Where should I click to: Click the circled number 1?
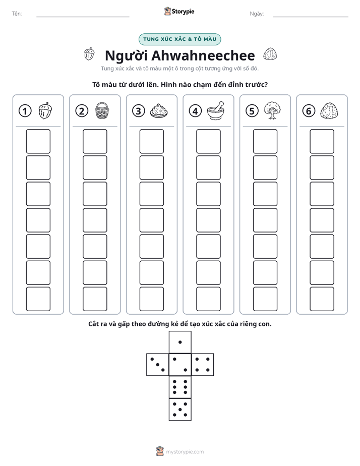25,111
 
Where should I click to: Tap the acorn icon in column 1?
45,110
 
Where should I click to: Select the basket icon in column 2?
102,111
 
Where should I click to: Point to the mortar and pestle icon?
216,110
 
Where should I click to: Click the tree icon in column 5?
272,110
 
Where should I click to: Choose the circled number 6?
309,111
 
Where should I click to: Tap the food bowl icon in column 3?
159,111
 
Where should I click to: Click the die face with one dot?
180,342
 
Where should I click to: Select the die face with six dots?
180,387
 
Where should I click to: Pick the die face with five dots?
180,409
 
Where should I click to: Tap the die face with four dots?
203,365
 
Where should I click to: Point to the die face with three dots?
158,365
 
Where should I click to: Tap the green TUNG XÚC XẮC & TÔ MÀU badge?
179,39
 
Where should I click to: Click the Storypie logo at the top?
179,12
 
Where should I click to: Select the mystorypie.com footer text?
185,452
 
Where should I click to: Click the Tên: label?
17,14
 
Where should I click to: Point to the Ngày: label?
257,14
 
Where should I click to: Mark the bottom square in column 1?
38,299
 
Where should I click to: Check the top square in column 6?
322,141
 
